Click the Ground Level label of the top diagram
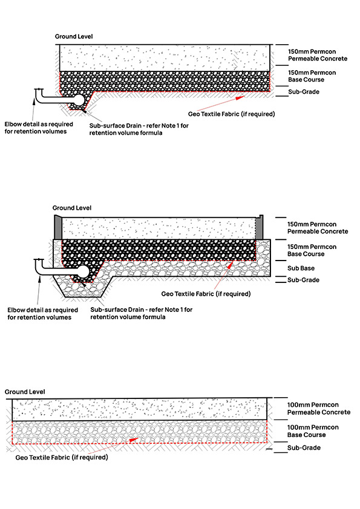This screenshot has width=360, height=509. (x=74, y=37)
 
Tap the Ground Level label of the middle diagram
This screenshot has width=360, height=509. (x=71, y=208)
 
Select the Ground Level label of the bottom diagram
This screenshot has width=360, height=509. (x=25, y=392)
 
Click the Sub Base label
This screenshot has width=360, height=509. (x=300, y=268)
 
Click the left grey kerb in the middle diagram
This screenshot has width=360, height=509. (x=58, y=227)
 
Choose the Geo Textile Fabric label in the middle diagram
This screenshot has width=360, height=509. (x=206, y=294)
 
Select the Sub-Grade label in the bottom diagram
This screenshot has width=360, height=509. (x=304, y=448)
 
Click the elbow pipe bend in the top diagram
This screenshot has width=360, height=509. (x=40, y=94)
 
